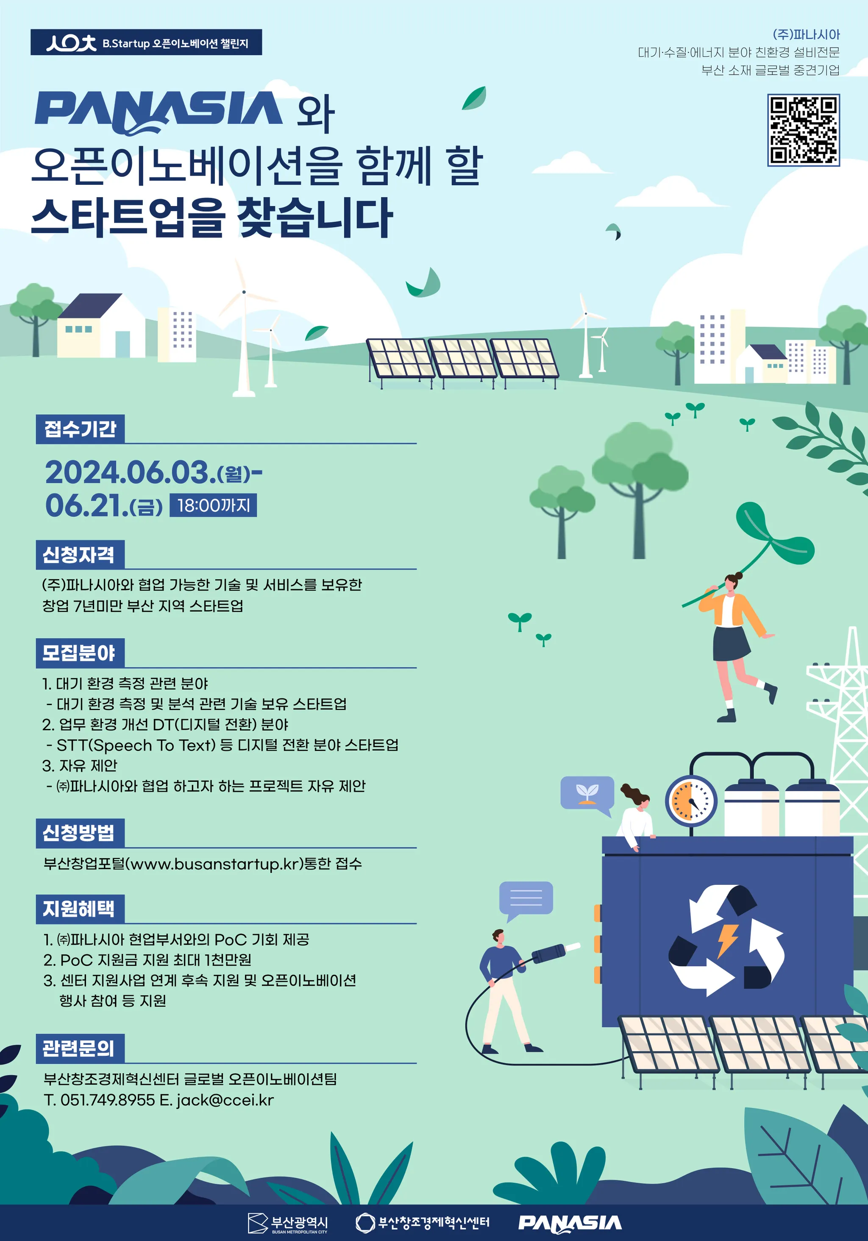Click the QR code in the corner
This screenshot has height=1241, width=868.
tap(803, 130)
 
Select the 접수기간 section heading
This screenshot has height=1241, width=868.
tap(80, 429)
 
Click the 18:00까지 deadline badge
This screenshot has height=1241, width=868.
tap(213, 505)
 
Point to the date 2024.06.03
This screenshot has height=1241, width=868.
tap(127, 472)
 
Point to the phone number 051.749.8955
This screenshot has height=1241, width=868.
tap(108, 1100)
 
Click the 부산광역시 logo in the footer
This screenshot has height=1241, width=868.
tap(287, 1223)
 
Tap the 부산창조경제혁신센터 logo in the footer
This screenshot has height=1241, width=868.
tap(422, 1223)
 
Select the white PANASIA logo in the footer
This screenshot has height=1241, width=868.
tap(570, 1223)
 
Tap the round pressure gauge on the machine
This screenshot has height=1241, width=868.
tap(691, 802)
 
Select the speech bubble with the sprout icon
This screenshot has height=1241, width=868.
tap(587, 795)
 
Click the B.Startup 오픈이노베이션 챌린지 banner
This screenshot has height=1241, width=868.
tap(146, 42)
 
